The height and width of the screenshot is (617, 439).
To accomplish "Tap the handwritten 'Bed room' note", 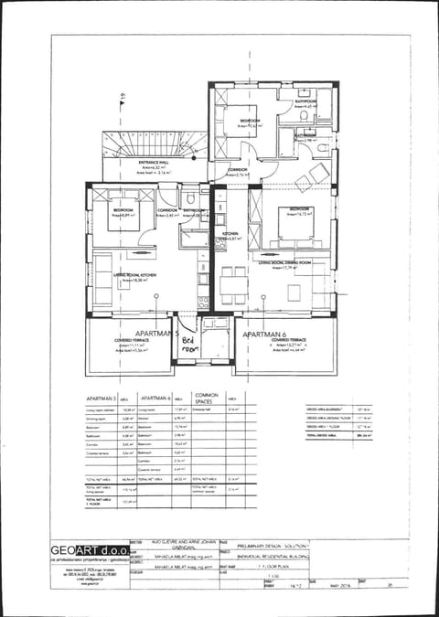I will tap(188, 342).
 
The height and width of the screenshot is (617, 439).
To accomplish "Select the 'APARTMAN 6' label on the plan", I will tap(266, 335).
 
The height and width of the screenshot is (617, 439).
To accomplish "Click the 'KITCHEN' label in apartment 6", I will tap(230, 234).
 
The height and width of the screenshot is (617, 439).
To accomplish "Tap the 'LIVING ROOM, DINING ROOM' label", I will tap(284, 262).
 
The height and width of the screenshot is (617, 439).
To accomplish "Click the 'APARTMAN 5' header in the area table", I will tap(101, 399).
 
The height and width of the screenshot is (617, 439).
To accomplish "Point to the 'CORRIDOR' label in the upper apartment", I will tap(238, 169).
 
